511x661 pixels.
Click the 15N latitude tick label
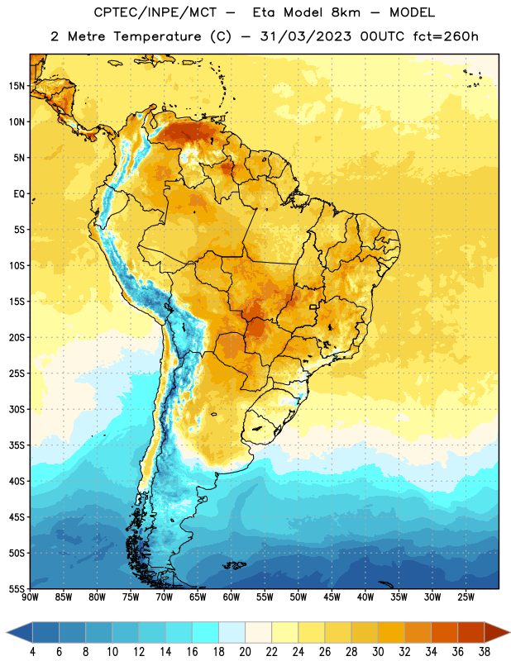17,86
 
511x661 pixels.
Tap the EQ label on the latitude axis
19,194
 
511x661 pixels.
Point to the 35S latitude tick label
17,445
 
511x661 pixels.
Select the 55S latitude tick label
17,588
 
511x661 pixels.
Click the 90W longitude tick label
30,597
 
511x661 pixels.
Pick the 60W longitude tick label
232,597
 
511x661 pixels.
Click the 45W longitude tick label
332,597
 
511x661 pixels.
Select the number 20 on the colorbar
245,652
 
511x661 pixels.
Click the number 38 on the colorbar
485,652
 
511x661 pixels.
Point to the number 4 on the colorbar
32,652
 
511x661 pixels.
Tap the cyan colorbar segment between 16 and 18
206,632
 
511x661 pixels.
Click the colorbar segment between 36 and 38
471,632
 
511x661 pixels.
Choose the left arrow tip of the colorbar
7,632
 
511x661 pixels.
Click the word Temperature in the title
157,36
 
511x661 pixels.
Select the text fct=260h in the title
446,36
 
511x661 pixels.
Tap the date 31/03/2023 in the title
306,36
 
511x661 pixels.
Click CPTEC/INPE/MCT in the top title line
155,12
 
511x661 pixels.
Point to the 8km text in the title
346,12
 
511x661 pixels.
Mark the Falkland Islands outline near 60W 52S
234,565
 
